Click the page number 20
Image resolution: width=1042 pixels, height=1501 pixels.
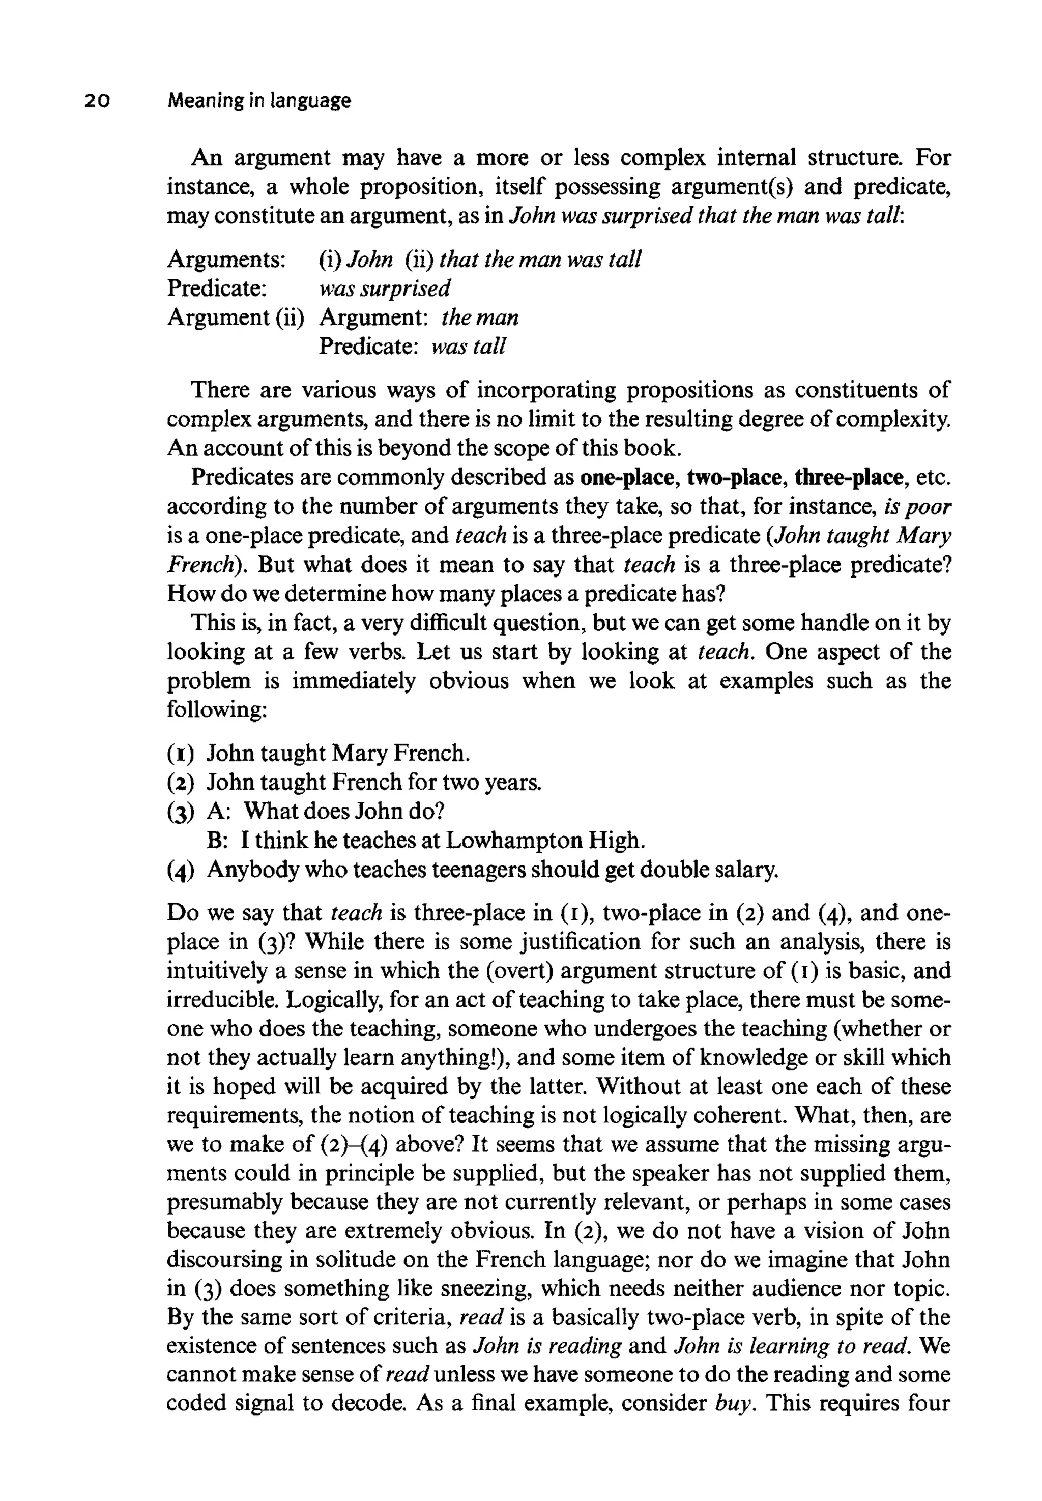[97, 101]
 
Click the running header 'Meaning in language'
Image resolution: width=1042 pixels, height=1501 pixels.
[258, 101]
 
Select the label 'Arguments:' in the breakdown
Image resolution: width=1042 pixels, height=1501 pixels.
[226, 260]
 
